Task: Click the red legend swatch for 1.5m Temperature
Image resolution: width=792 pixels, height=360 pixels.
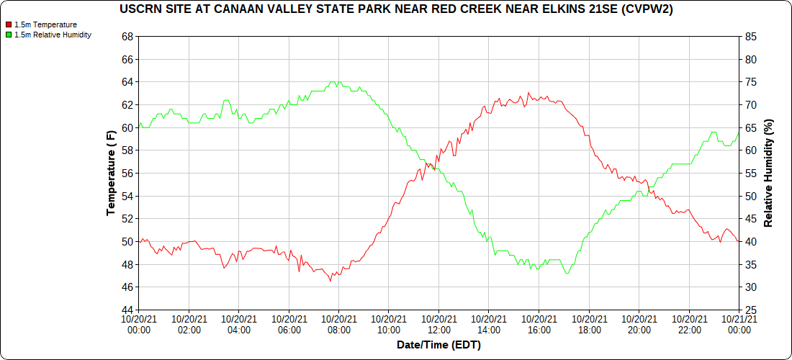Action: (9, 24)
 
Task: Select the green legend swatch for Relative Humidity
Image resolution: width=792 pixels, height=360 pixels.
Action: (9, 35)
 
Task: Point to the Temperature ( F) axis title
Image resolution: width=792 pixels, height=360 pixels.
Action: (111, 173)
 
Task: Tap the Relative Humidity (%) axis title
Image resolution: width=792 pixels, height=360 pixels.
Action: (768, 173)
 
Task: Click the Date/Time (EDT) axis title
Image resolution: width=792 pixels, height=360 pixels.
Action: (438, 345)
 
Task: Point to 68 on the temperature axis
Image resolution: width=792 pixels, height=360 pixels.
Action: (128, 37)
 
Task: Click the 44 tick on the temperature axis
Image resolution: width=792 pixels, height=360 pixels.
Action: (128, 310)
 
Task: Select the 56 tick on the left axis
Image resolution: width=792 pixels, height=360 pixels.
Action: (128, 174)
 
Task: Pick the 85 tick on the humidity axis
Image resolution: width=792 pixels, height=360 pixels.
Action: (750, 37)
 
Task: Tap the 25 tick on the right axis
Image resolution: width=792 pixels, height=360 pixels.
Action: (750, 310)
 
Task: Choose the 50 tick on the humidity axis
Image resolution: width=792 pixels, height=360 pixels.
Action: (750, 196)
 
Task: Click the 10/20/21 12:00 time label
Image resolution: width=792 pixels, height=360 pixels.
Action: (438, 324)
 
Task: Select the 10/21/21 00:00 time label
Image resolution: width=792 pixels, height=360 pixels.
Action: (739, 324)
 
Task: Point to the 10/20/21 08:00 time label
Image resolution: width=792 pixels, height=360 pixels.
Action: (338, 324)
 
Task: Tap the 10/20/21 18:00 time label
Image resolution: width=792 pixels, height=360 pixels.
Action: (589, 324)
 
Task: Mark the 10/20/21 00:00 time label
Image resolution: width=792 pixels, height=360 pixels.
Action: (139, 324)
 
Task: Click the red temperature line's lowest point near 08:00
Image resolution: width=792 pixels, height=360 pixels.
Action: (330, 280)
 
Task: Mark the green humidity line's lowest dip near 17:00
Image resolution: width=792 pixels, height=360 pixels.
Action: (567, 274)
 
